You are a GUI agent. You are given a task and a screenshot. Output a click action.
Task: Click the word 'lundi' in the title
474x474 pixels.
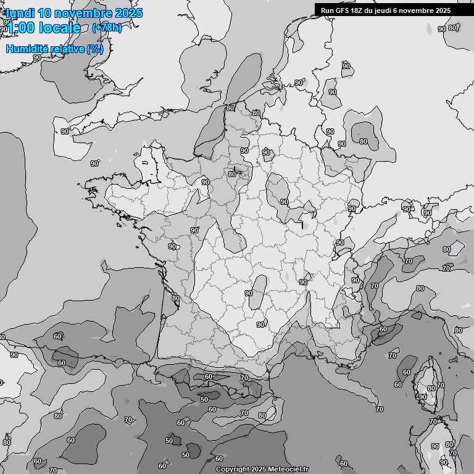(x=19, y=13)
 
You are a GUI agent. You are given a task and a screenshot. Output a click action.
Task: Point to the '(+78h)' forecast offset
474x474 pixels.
(x=107, y=28)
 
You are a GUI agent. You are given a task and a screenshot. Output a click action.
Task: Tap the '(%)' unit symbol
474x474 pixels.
(x=95, y=49)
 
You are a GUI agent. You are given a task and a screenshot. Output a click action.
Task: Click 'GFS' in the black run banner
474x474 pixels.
(x=341, y=10)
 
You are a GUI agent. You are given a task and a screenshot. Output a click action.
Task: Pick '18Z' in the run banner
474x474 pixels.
(x=357, y=10)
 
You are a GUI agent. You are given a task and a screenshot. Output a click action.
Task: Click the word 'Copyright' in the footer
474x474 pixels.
(x=233, y=469)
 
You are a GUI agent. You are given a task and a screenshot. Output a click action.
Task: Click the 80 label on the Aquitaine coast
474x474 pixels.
(x=176, y=298)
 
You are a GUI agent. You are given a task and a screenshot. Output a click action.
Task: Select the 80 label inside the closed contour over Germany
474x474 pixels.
(x=364, y=141)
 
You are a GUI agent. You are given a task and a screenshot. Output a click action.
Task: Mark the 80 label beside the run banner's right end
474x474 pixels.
(x=452, y=28)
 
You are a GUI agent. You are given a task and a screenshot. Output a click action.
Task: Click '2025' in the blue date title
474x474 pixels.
(x=128, y=13)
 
